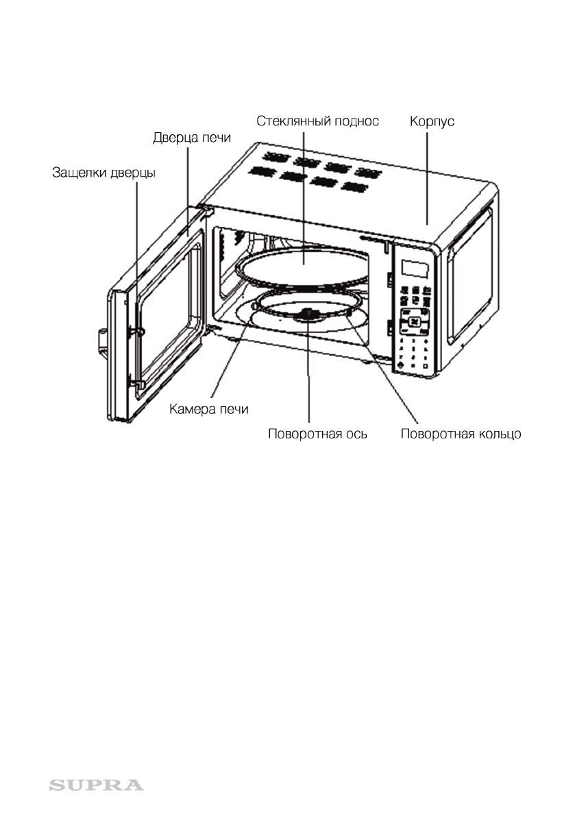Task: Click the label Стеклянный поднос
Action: coord(317,121)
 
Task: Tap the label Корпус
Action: coord(432,121)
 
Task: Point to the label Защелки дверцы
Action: coord(104,173)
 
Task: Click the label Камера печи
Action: coord(209,410)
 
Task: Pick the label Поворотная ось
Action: coord(317,434)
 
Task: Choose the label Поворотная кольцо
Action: coord(461,434)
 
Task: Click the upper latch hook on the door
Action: coord(139,331)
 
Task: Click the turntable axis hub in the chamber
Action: coord(308,314)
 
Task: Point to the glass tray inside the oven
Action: coord(302,267)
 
